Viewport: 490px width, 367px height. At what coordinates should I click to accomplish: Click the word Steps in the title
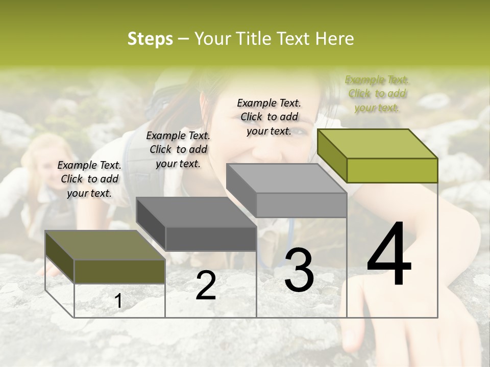coord(150,39)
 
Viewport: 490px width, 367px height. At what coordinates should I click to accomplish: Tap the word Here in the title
coord(335,39)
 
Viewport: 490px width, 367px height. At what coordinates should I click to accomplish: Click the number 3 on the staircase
coord(299,270)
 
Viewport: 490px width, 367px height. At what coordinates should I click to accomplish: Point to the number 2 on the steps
coord(206,285)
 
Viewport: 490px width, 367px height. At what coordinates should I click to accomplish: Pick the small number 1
coord(118,301)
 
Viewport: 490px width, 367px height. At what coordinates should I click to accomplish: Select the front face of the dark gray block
coord(211,239)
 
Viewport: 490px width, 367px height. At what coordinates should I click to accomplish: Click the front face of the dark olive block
coord(120,271)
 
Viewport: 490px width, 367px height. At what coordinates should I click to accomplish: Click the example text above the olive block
coord(89,179)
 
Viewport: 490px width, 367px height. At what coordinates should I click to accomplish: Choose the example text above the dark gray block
coord(178,149)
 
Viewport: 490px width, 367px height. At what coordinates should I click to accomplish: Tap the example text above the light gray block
coord(269,117)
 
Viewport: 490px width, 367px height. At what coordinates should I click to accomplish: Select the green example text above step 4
coord(377,93)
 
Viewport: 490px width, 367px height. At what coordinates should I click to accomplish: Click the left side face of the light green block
coord(332,155)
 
